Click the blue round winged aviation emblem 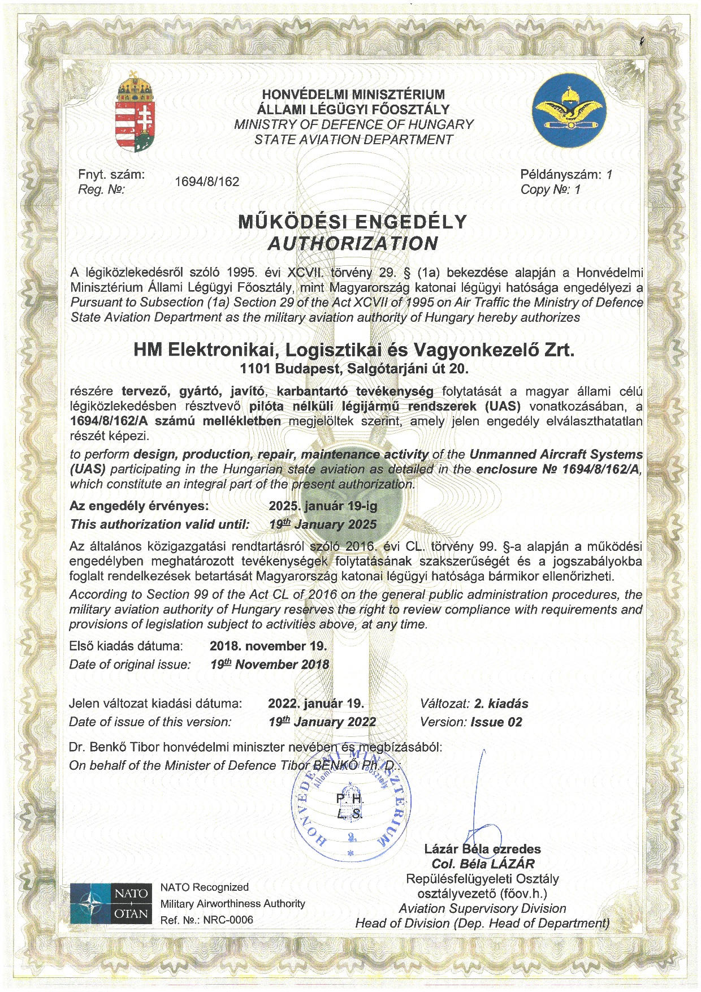pyautogui.click(x=569, y=110)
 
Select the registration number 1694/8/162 pyautogui.click(x=207, y=182)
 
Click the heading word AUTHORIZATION pyautogui.click(x=353, y=244)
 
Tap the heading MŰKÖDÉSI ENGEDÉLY pyautogui.click(x=353, y=221)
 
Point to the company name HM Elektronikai pyautogui.click(x=354, y=350)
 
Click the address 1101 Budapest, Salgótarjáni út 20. pyautogui.click(x=354, y=369)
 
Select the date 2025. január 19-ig pyautogui.click(x=323, y=506)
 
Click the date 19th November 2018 pyautogui.click(x=270, y=665)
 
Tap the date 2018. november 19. pyautogui.click(x=268, y=646)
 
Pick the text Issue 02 pyautogui.click(x=496, y=722)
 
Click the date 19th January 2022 pyautogui.click(x=322, y=722)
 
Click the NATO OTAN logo pyautogui.click(x=111, y=903)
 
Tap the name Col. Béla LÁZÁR pyautogui.click(x=483, y=864)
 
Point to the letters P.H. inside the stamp pyautogui.click(x=350, y=799)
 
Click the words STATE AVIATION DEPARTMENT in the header pyautogui.click(x=353, y=139)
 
